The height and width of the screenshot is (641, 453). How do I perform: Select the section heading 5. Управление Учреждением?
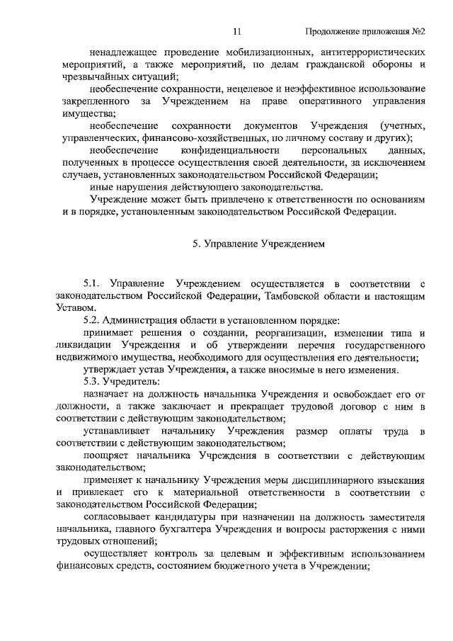(258, 242)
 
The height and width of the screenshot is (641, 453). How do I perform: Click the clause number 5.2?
(93, 320)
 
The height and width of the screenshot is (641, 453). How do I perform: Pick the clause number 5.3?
(93, 382)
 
